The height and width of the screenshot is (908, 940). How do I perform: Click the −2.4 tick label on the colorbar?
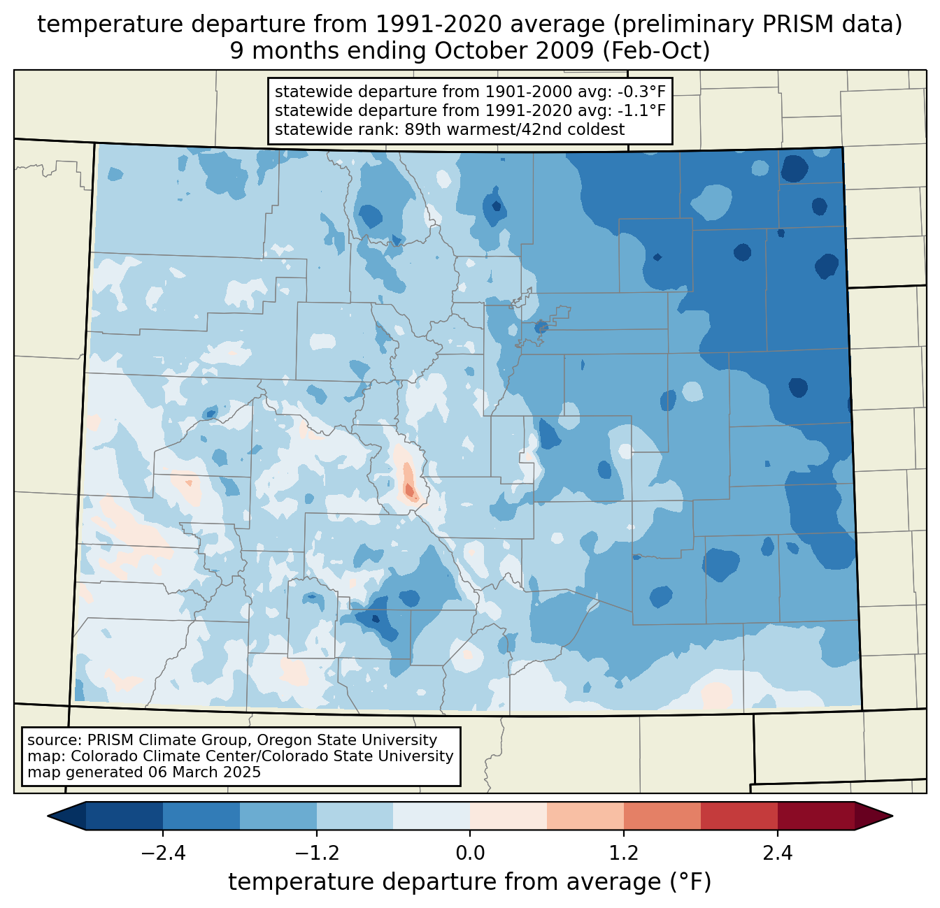point(163,853)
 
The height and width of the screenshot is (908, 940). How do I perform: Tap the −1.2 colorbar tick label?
point(317,853)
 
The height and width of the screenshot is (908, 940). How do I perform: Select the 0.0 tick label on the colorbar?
point(470,853)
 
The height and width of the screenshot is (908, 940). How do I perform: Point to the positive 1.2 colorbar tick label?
point(624,853)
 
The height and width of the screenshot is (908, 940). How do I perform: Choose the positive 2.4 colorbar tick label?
point(777,853)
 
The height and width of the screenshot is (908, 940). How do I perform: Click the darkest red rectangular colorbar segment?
point(816,816)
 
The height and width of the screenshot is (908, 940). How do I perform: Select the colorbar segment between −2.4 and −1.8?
point(201,816)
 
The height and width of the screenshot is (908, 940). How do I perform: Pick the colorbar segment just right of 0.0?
point(508,816)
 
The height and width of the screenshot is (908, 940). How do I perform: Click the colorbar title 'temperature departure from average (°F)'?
point(470,882)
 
